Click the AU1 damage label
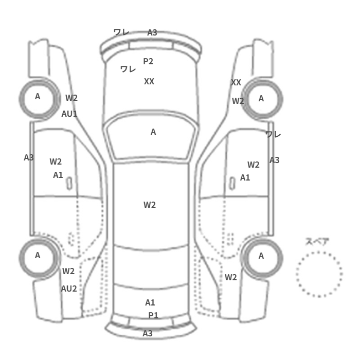coord(69,114)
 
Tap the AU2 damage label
coord(69,289)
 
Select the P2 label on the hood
coord(148,61)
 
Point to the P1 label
coord(153,315)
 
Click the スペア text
coord(317,241)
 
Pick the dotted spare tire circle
coord(319,274)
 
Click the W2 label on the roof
coord(150,205)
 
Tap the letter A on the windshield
coord(153,132)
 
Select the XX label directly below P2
coord(149,81)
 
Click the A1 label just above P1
coord(150,302)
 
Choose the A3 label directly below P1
coord(148,333)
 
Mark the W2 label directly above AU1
coord(71,98)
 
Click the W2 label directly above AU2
coord(68,271)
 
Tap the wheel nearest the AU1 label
coord(38,97)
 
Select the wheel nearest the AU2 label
coord(38,256)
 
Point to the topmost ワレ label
coord(121,32)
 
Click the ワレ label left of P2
coord(128,69)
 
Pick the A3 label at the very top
coord(152,32)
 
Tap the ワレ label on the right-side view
coord(273,134)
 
